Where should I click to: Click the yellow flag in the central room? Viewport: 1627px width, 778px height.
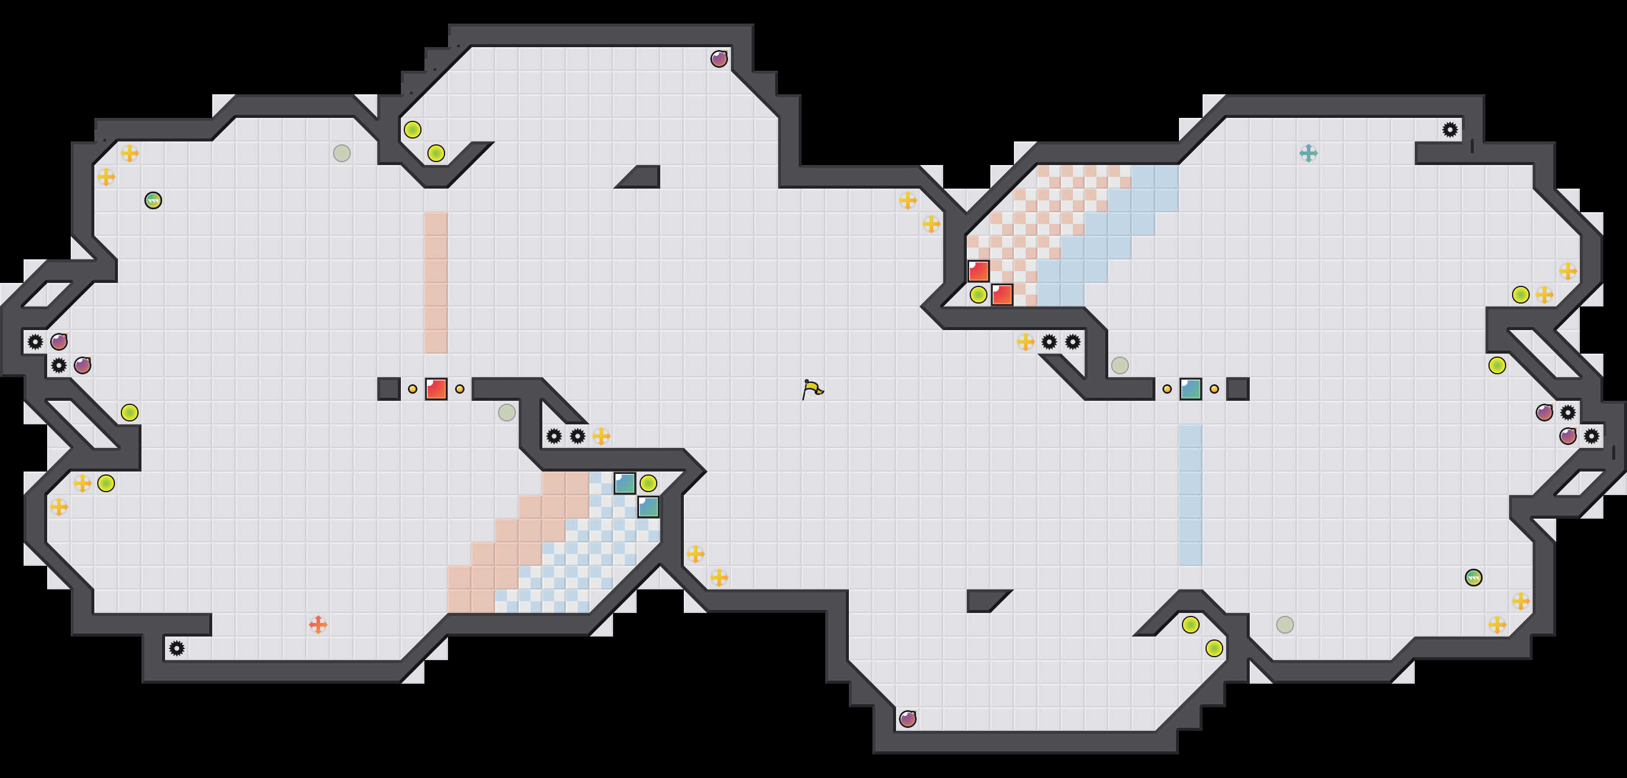click(x=812, y=389)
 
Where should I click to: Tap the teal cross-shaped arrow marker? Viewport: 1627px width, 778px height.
click(x=1308, y=153)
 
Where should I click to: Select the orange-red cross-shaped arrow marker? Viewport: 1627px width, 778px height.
click(x=318, y=625)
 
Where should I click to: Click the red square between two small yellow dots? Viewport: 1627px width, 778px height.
click(x=436, y=389)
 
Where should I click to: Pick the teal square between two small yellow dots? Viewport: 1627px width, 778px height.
click(x=1191, y=389)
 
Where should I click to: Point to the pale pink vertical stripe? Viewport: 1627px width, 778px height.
click(x=436, y=282)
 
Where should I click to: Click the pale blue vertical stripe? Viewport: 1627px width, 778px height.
click(x=1191, y=495)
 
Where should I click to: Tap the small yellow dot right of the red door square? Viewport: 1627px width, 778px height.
click(x=460, y=389)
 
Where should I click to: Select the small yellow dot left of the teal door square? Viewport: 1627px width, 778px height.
click(x=1167, y=389)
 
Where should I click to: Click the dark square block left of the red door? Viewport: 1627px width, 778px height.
click(x=388, y=389)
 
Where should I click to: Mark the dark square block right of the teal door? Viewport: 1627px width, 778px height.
click(x=1238, y=389)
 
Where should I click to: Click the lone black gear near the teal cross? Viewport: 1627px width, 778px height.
click(x=1450, y=130)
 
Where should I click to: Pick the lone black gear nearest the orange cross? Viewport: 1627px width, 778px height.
click(x=177, y=648)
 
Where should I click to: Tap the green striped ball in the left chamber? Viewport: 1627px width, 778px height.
click(x=153, y=200)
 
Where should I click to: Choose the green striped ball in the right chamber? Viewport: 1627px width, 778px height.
click(x=1474, y=577)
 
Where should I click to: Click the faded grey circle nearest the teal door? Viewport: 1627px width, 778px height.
click(x=1120, y=365)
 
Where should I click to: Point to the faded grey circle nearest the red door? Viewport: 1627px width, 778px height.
click(x=506, y=413)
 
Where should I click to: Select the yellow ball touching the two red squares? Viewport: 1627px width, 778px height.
click(x=979, y=294)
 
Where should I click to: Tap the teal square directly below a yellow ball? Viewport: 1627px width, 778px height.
click(x=648, y=506)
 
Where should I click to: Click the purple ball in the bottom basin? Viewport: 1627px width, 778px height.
click(x=908, y=718)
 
